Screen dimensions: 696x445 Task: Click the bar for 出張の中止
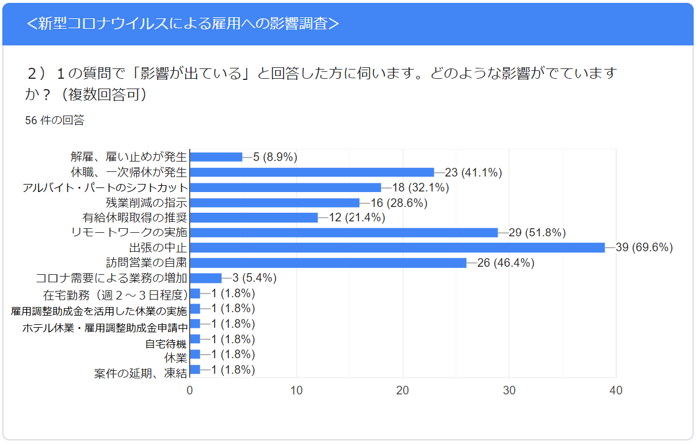397,247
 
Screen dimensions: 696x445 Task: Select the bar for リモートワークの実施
344,232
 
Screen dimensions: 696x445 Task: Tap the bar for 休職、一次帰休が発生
312,172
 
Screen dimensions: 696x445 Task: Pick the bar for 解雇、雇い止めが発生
216,157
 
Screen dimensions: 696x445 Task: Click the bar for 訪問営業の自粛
328,263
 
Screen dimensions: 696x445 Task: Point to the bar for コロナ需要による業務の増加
206,278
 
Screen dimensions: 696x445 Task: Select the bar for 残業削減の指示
275,202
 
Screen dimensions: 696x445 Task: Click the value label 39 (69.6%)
644,247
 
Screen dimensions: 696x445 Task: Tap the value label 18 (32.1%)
420,187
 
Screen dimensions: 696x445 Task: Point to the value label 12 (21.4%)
357,217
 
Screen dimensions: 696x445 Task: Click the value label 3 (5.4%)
254,278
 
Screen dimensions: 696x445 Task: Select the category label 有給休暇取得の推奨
135,218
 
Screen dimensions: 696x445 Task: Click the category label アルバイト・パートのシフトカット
105,187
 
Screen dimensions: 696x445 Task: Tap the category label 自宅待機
166,344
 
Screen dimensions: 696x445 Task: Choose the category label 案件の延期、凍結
140,373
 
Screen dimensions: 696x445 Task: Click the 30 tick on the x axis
509,390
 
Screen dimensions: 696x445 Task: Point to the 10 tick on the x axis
296,390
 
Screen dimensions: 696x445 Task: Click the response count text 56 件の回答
55,120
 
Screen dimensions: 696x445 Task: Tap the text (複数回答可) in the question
104,94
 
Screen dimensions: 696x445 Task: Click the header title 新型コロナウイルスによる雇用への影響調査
183,24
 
